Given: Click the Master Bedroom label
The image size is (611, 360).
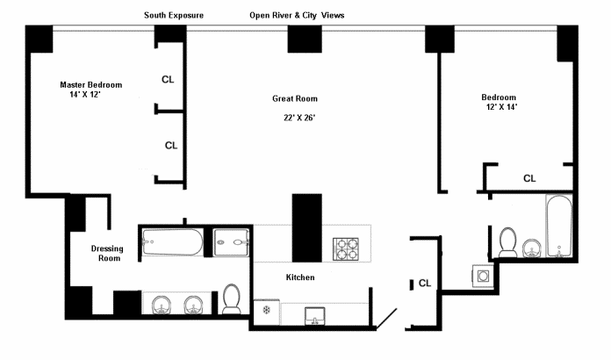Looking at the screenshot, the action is [90, 84].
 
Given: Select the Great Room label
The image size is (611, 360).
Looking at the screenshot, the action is [295, 98].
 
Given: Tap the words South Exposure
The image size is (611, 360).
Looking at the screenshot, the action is [174, 15].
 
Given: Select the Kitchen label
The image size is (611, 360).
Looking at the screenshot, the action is [300, 277].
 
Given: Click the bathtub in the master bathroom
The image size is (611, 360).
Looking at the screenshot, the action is [173, 240].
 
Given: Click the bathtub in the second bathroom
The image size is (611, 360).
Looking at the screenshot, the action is [558, 226].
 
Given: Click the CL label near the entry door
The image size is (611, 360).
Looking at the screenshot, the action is [424, 283].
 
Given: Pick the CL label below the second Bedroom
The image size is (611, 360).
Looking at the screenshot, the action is [529, 178].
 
